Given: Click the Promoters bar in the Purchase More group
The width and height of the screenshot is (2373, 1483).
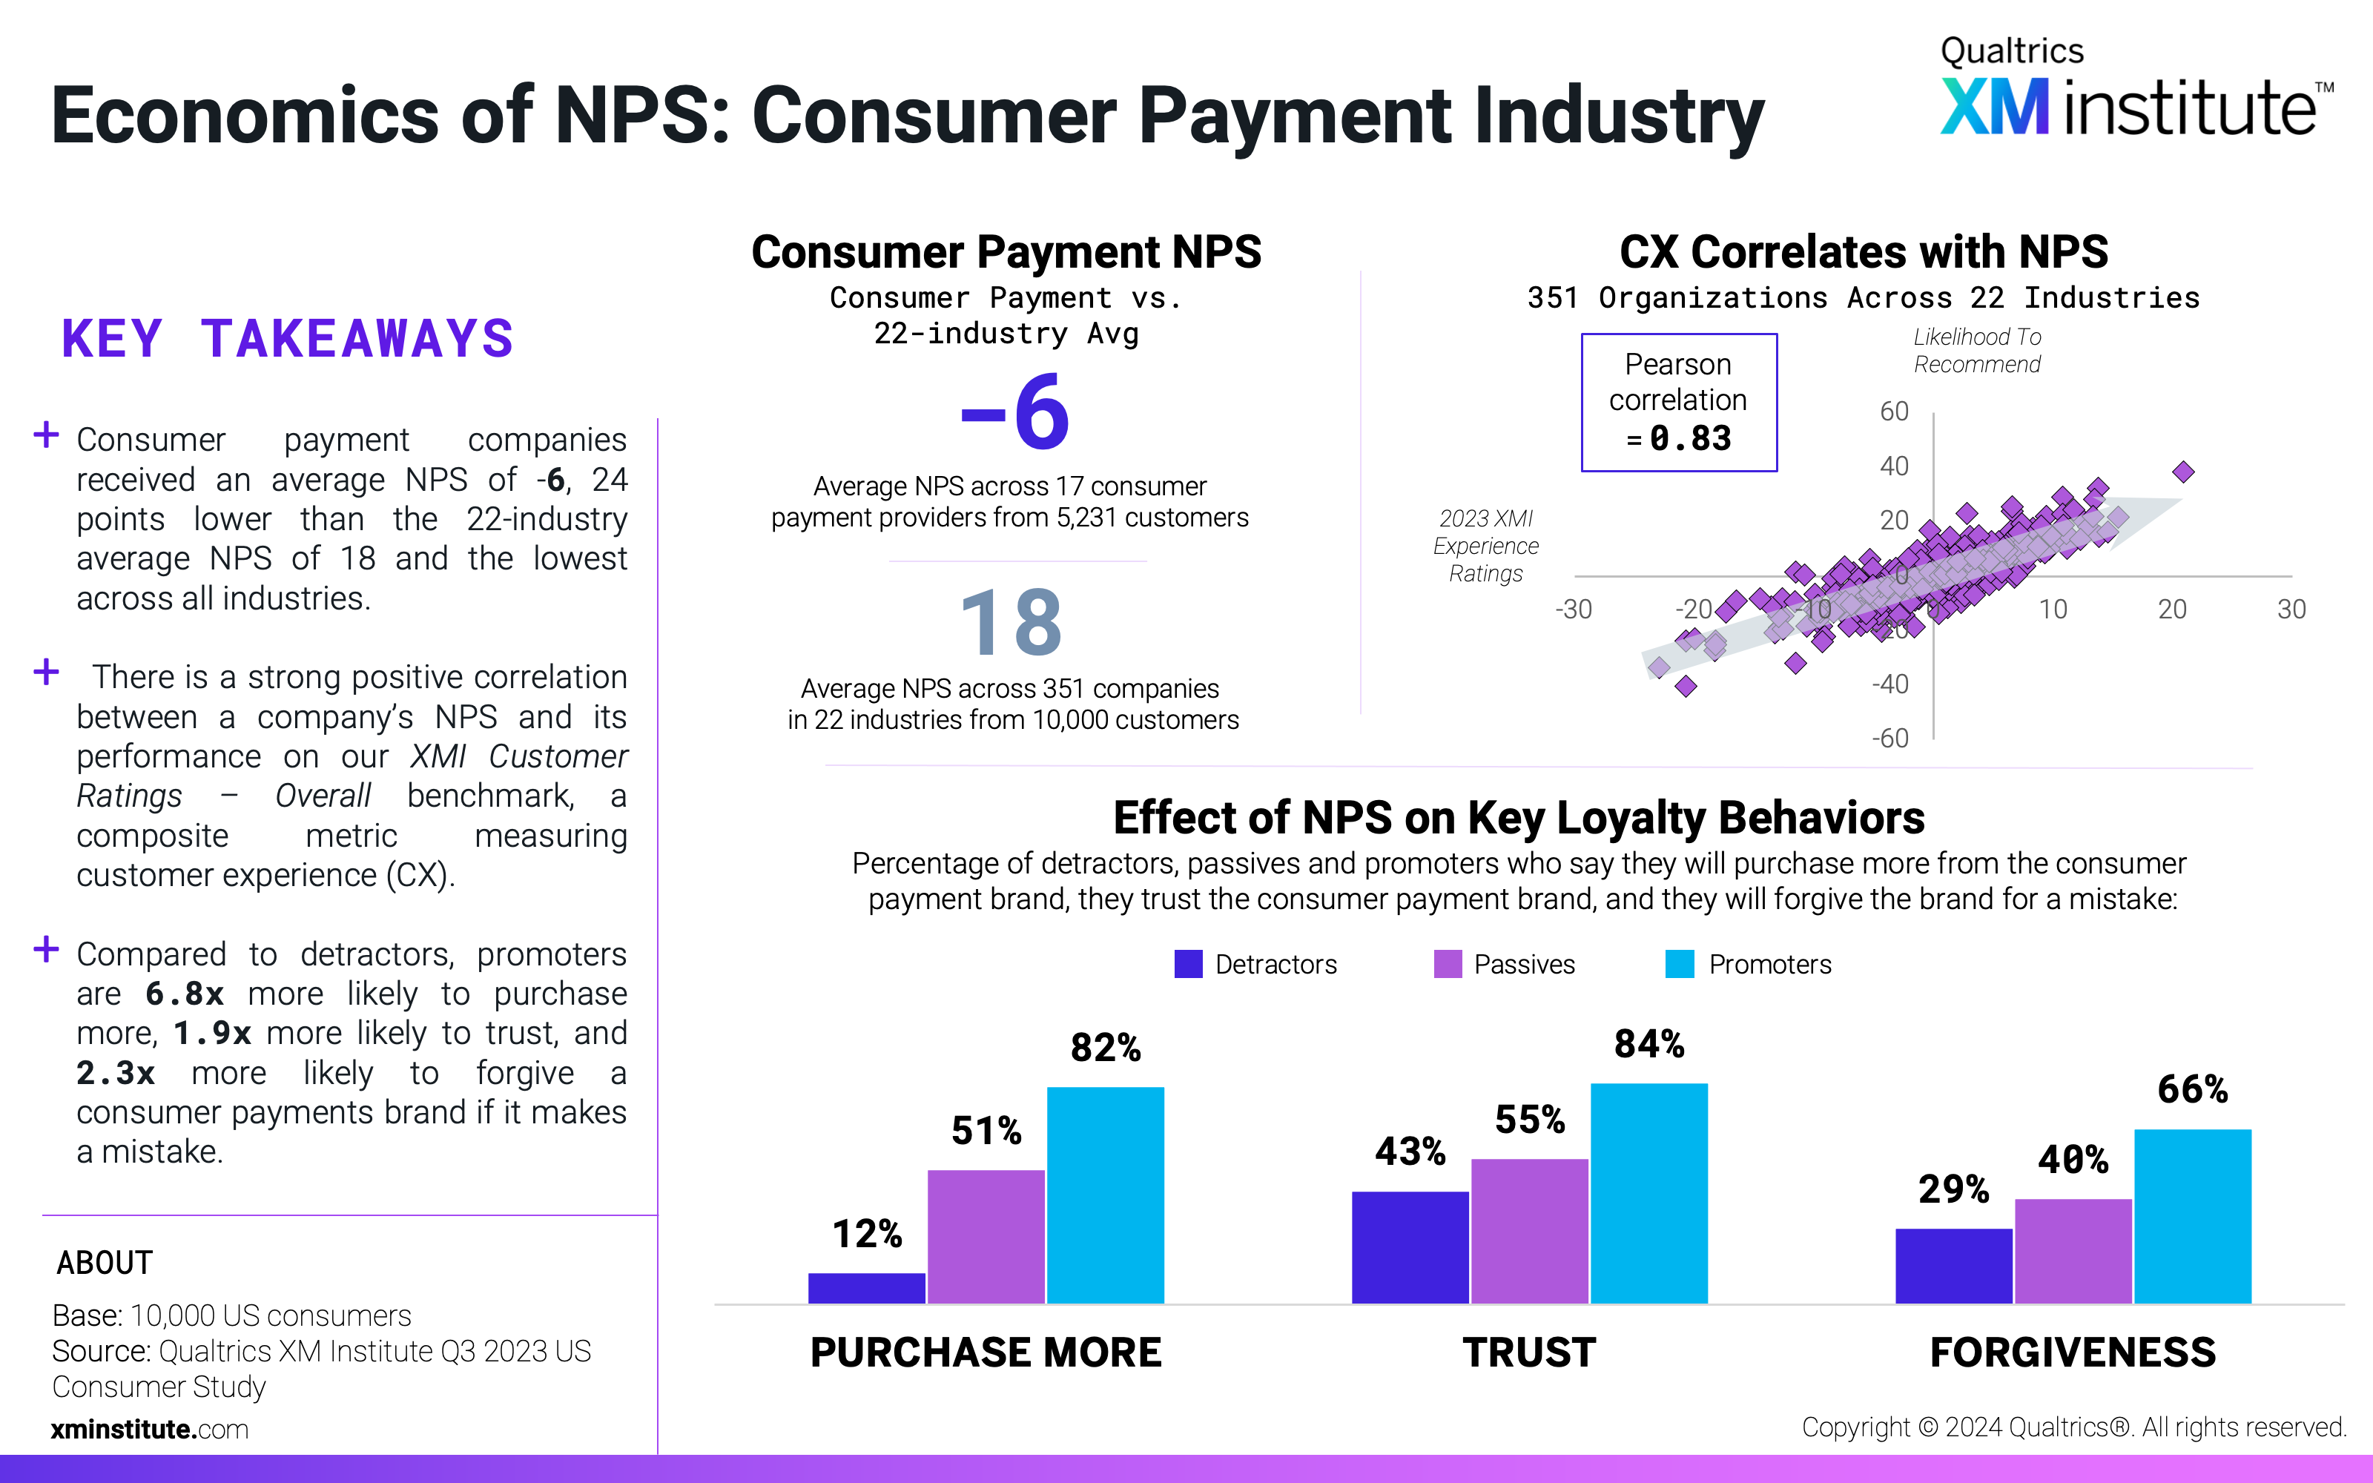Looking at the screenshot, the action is coord(1105,1195).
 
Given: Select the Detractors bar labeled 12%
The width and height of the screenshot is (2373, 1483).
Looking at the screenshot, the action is coord(867,1288).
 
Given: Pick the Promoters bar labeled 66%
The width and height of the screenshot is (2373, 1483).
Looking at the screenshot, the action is coord(2193,1216).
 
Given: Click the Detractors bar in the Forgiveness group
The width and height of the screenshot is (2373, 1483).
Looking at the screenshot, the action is coord(1953,1266).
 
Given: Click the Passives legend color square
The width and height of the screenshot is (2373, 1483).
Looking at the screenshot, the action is coord(1448,964).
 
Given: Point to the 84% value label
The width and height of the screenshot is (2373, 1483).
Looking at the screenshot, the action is coord(1649,1043).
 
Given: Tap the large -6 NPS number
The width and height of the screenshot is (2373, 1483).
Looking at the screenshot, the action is coord(1015,413).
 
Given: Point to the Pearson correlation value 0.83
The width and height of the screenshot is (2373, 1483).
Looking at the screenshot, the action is coord(1691,437).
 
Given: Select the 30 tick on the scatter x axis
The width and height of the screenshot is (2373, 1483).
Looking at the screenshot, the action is coord(2291,609).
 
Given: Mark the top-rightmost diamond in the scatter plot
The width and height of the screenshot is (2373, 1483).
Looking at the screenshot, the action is coord(2182,472).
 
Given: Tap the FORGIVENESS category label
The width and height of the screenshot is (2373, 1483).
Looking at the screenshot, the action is coord(2073,1352).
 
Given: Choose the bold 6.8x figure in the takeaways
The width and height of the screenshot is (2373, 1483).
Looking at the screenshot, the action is coord(185,994).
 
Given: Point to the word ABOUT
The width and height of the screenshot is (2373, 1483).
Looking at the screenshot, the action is coord(104,1262).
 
